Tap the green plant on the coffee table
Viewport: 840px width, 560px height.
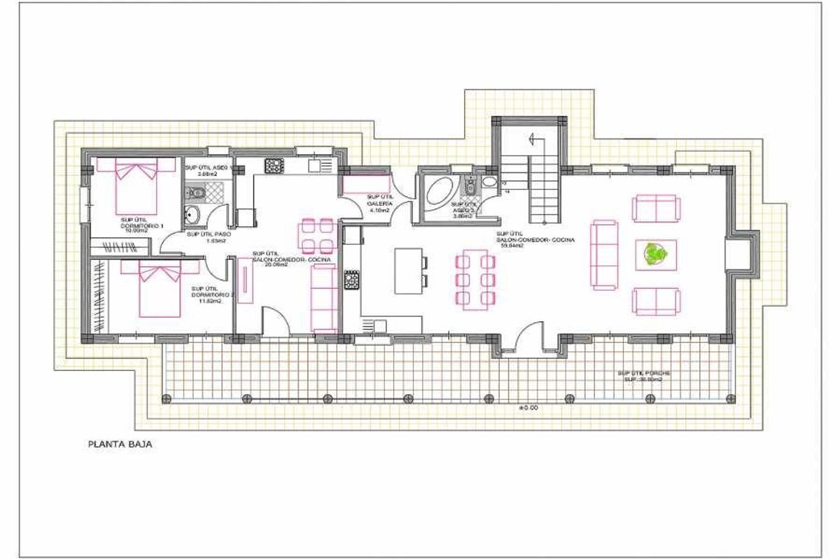pyautogui.click(x=656, y=254)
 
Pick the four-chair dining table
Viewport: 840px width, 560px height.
pyautogui.click(x=316, y=235)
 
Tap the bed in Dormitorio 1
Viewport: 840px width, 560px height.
pyautogui.click(x=135, y=188)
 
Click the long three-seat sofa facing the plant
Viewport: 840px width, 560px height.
pyautogui.click(x=605, y=255)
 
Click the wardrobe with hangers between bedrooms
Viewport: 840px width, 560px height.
pyautogui.click(x=120, y=246)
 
